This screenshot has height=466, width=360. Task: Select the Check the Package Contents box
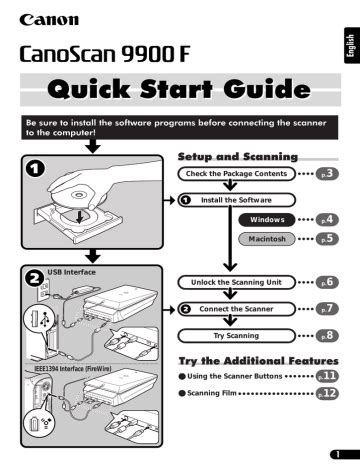point(233,174)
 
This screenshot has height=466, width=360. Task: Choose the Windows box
point(268,218)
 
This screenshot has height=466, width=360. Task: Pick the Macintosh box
point(268,239)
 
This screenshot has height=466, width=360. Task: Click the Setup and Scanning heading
point(237,157)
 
